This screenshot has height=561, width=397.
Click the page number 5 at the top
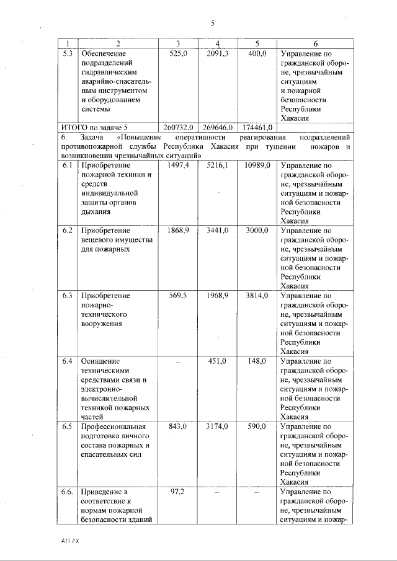coord(212,23)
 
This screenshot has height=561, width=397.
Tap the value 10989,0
coord(256,166)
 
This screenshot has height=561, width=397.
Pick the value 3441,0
coord(218,231)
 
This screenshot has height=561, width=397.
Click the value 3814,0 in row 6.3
coord(256,296)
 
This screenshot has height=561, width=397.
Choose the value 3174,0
coord(218,426)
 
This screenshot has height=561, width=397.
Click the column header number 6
coord(315,43)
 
